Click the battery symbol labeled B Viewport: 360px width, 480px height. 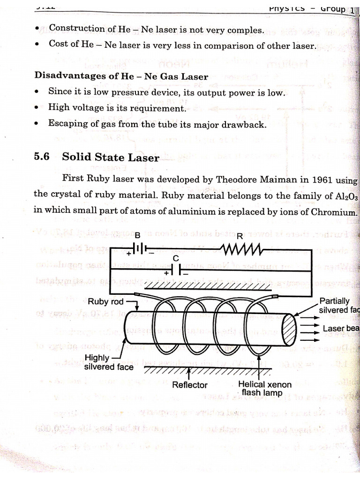click(x=138, y=249)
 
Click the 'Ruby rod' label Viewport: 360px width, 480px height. click(x=106, y=302)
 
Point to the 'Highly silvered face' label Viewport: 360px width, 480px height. click(x=108, y=362)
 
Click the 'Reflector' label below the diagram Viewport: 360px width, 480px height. click(x=189, y=385)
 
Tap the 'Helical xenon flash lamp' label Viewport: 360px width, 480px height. click(x=265, y=388)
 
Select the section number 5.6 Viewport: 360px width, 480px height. click(x=42, y=157)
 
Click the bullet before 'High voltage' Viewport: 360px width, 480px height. click(x=37, y=108)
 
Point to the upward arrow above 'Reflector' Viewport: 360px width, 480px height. click(x=189, y=374)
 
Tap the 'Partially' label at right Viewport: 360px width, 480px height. click(x=334, y=301)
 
